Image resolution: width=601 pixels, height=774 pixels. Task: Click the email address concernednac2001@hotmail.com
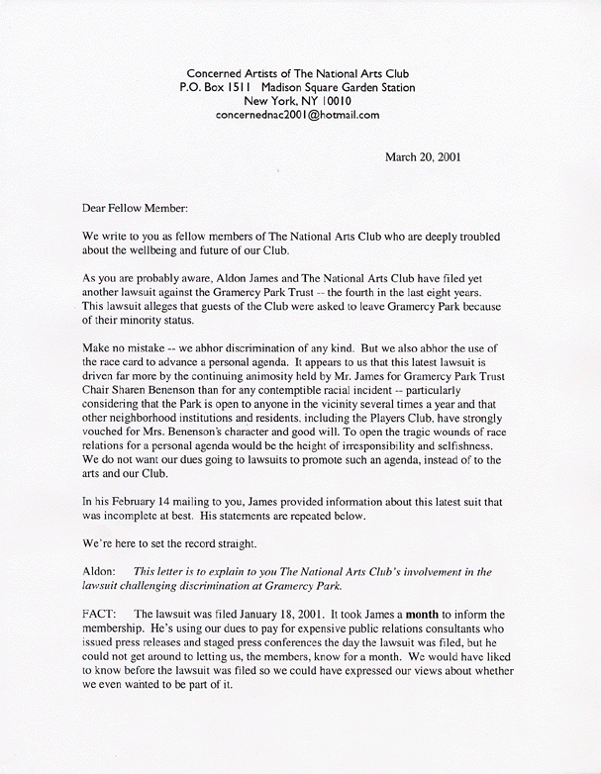click(x=298, y=115)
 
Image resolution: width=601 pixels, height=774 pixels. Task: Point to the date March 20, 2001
click(x=422, y=156)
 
